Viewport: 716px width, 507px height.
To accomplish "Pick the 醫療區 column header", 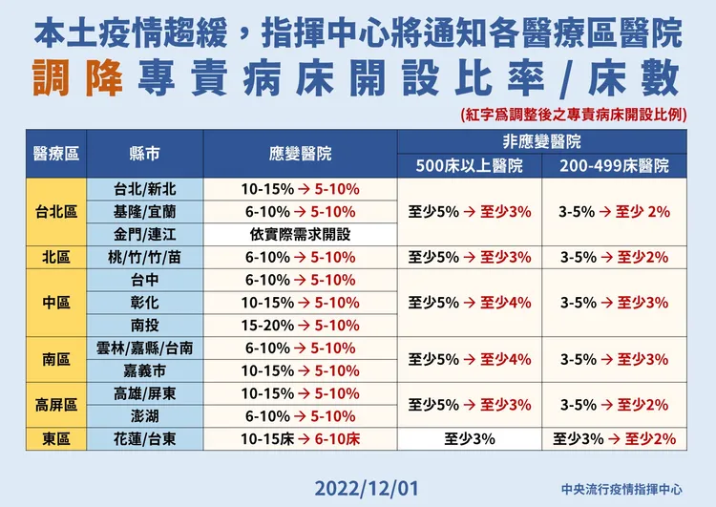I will pyautogui.click(x=55, y=154).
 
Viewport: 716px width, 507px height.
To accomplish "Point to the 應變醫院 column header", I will pyautogui.click(x=302, y=154).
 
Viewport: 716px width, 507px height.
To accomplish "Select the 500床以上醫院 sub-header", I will pyautogui.click(x=469, y=165).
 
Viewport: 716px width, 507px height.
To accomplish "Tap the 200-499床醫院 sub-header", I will pyautogui.click(x=615, y=165).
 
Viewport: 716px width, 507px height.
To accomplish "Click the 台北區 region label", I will pyautogui.click(x=55, y=211).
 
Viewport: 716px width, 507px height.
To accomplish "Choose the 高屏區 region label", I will pyautogui.click(x=55, y=405).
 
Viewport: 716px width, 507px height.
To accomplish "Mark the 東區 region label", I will pyautogui.click(x=55, y=439).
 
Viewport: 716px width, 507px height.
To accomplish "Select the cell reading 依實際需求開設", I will pyautogui.click(x=302, y=233).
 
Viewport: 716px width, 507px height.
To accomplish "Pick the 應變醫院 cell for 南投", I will pyautogui.click(x=302, y=326).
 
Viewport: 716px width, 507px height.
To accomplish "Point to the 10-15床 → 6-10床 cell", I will pyautogui.click(x=302, y=439).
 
